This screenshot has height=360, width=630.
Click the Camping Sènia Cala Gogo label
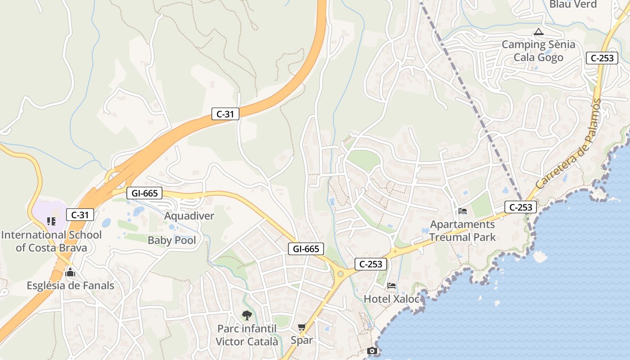(x=538, y=51)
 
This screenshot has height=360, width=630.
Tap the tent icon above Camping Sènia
(x=538, y=32)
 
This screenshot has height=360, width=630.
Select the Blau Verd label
(x=573, y=4)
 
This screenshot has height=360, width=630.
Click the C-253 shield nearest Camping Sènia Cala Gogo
(x=602, y=58)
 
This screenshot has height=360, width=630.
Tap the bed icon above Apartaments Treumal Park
(x=463, y=211)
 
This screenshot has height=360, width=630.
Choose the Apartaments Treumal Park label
(x=463, y=230)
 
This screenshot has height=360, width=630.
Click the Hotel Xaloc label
(x=391, y=298)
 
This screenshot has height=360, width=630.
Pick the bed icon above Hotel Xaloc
(x=391, y=285)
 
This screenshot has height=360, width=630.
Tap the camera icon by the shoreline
(x=372, y=351)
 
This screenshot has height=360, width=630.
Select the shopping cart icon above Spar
(x=301, y=327)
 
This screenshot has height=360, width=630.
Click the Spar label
(x=301, y=340)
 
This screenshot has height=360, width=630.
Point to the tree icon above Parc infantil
(x=247, y=315)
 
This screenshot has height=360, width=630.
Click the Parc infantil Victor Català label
(x=247, y=335)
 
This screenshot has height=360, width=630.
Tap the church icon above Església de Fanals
(x=70, y=272)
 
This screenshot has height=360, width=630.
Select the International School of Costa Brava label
(x=51, y=241)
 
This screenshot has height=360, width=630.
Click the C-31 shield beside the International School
(x=80, y=215)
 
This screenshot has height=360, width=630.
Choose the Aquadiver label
(x=189, y=216)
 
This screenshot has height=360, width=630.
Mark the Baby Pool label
(x=172, y=240)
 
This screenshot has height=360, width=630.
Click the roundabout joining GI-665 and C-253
(x=341, y=273)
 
